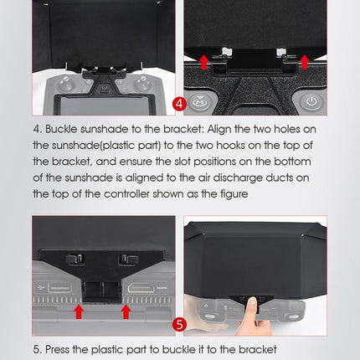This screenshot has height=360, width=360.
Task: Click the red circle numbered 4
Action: (x=179, y=105)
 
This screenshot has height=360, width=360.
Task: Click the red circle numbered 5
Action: (x=179, y=323)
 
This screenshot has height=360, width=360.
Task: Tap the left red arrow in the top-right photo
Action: (x=203, y=61)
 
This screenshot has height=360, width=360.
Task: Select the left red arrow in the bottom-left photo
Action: (x=78, y=311)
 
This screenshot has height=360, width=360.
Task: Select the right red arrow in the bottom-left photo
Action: (x=126, y=311)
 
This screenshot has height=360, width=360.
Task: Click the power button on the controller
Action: (x=311, y=101)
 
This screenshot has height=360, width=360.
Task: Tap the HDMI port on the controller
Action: (x=140, y=287)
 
